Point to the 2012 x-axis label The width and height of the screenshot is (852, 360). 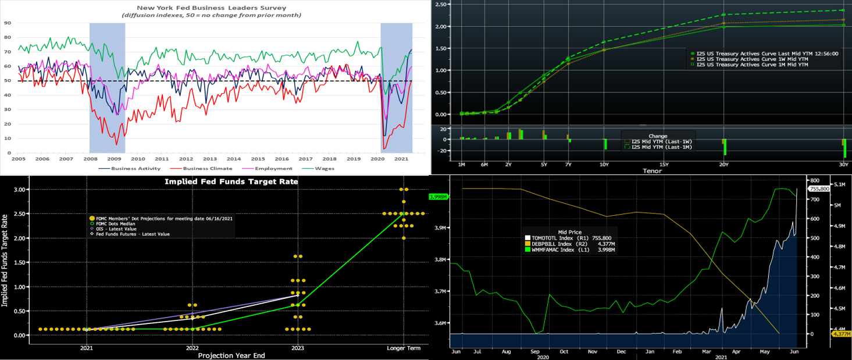(x=186, y=159)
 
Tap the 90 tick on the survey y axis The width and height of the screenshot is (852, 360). (x=7, y=23)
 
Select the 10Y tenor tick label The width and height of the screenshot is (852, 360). (x=604, y=165)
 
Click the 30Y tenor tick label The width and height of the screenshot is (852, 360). (x=844, y=165)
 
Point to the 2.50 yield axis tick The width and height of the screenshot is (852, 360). (x=440, y=5)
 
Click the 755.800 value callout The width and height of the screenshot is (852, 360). (x=820, y=189)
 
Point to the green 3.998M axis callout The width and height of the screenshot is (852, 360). (x=437, y=197)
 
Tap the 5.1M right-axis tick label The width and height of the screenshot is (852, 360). (x=841, y=185)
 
